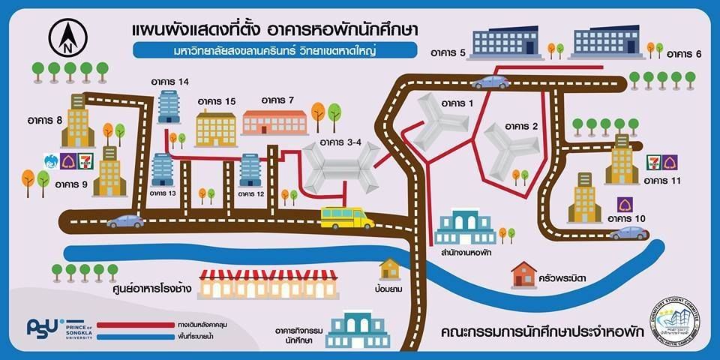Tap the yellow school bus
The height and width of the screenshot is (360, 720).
click(x=346, y=217)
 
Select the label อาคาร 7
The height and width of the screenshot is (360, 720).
click(x=278, y=100)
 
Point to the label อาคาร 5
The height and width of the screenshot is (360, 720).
click(x=449, y=53)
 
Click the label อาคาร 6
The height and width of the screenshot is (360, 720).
click(x=683, y=54)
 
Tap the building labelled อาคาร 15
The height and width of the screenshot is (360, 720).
click(x=216, y=128)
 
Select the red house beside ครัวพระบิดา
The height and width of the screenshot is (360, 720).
click(x=523, y=274)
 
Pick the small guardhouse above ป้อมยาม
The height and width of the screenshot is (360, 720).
click(x=390, y=268)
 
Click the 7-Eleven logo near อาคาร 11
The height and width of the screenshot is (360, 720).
click(x=652, y=160)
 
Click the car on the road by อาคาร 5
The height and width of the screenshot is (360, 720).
click(x=490, y=82)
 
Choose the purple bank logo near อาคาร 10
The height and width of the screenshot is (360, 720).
click(x=623, y=203)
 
